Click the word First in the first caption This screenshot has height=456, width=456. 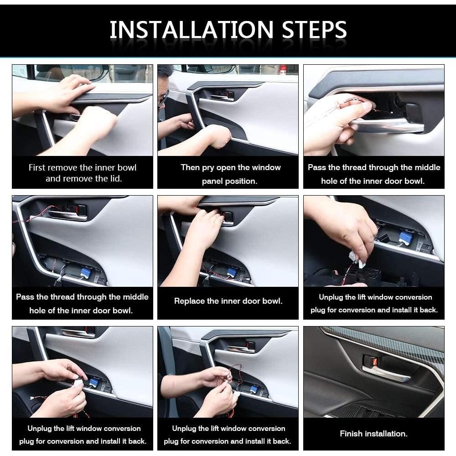[x=36, y=167]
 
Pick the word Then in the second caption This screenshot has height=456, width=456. [x=190, y=167]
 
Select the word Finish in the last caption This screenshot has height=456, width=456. [x=351, y=434]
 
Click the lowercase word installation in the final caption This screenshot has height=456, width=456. [x=386, y=434]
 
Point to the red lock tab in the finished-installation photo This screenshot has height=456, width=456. [x=375, y=362]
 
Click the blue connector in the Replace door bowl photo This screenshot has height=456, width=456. [x=232, y=273]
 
